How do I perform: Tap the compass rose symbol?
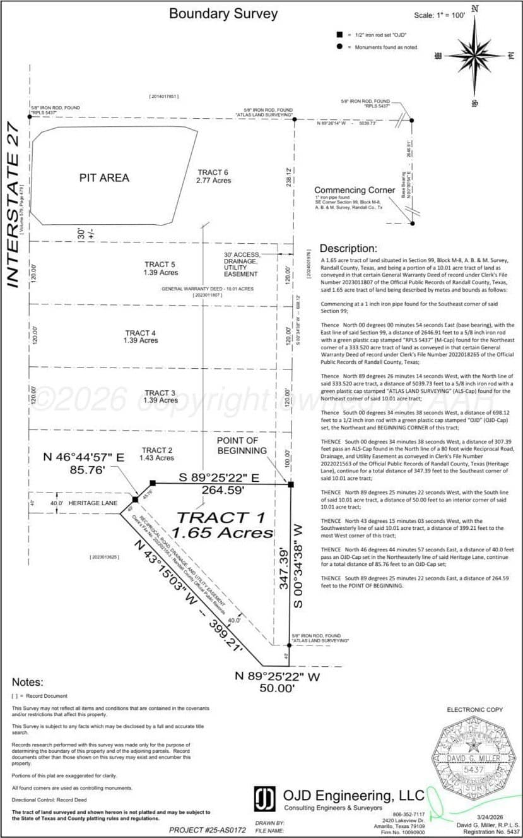[x=473, y=56]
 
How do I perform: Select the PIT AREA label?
[x=104, y=178]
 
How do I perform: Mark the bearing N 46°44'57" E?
[x=83, y=458]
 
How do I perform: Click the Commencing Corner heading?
[x=357, y=190]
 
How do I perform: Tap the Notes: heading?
[x=27, y=682]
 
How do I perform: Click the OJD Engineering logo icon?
[x=264, y=798]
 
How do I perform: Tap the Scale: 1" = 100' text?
[x=439, y=15]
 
